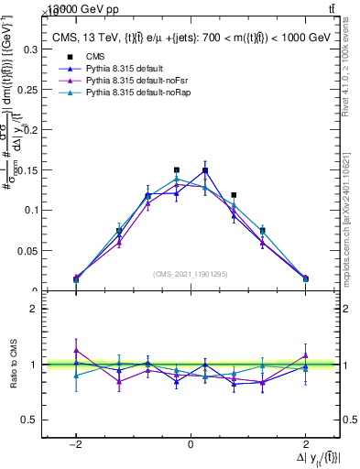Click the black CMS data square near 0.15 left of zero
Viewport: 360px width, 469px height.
tap(177, 169)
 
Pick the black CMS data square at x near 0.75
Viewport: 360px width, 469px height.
tap(235, 194)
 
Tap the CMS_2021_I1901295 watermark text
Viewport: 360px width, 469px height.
tap(190, 274)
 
